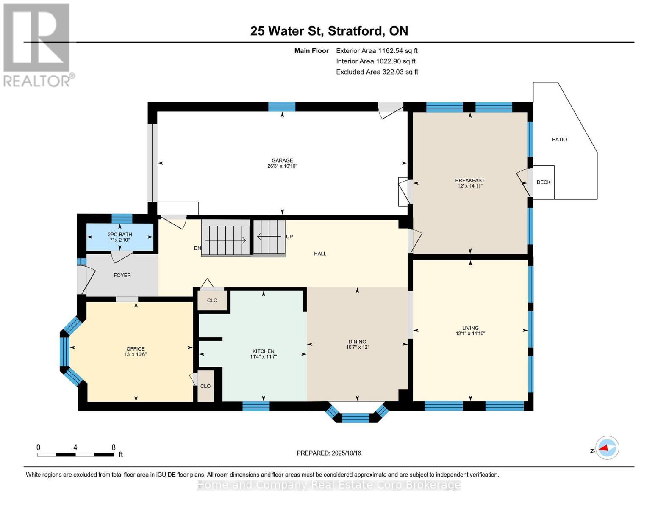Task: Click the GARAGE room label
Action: (x=282, y=161)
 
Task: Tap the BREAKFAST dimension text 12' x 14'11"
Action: (x=469, y=186)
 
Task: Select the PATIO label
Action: (x=559, y=139)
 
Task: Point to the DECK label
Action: (x=543, y=182)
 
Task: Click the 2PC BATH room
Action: (x=120, y=237)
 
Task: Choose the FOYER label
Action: (x=122, y=275)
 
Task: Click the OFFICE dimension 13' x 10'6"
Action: (x=135, y=354)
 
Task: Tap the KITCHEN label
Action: (x=264, y=351)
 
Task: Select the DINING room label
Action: (x=357, y=342)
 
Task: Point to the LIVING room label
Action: (x=470, y=328)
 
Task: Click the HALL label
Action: (x=320, y=254)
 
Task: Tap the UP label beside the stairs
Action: (x=289, y=237)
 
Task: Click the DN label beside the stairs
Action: (x=197, y=248)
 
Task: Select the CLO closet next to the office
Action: (x=205, y=386)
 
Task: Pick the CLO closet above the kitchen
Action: (x=212, y=301)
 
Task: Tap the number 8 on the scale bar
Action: (x=114, y=447)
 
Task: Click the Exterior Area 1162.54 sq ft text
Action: (x=377, y=51)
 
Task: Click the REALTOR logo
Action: (x=38, y=45)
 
